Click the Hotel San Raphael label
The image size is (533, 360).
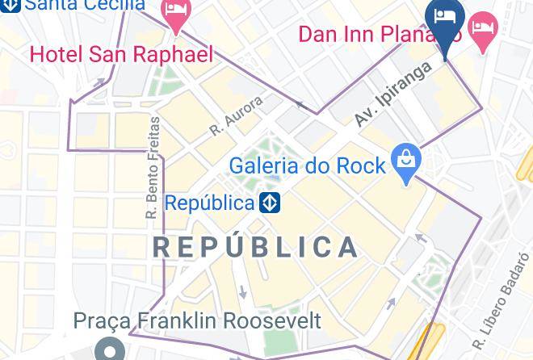pyautogui.click(x=122, y=54)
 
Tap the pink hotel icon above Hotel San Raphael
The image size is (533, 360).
pyautogui.click(x=175, y=12)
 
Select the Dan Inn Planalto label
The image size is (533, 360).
pyautogui.click(x=379, y=35)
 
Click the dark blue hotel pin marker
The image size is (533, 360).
pyautogui.click(x=445, y=18)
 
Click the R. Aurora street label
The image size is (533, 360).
pyautogui.click(x=237, y=116)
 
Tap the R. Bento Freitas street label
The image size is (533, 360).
pyautogui.click(x=152, y=169)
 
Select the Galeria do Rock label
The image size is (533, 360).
pyautogui.click(x=308, y=166)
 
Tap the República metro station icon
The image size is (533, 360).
pyautogui.click(x=270, y=203)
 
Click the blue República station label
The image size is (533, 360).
pyautogui.click(x=210, y=203)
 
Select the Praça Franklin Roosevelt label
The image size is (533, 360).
pyautogui.click(x=198, y=320)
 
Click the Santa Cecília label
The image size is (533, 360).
pyautogui.click(x=84, y=5)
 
